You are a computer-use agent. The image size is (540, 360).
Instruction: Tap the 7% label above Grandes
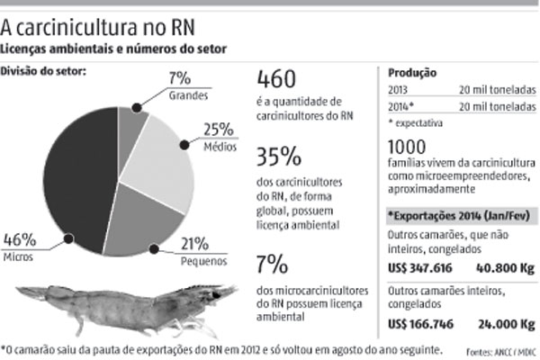179,78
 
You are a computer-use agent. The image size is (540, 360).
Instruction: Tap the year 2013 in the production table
400,89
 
